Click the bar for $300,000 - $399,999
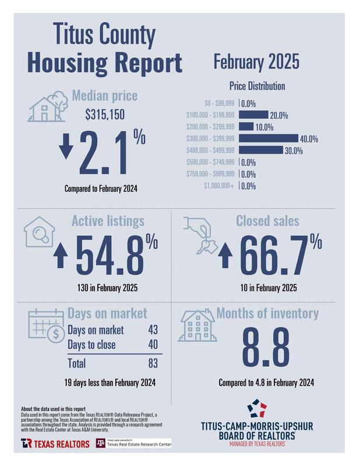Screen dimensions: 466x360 [x=269, y=139]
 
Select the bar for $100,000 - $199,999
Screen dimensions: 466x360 [x=253, y=115]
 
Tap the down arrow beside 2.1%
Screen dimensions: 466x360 [x=66, y=148]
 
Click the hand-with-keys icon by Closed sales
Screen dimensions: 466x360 [x=200, y=233]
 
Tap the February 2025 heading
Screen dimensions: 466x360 [x=256, y=61]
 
